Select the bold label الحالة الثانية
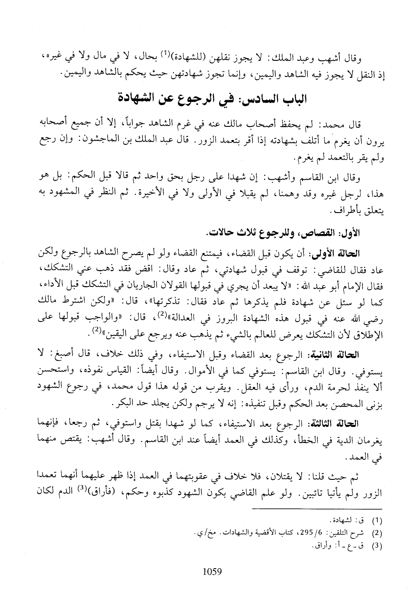(x=341, y=354)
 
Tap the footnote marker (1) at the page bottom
(x=376, y=521)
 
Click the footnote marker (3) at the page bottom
(x=376, y=546)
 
